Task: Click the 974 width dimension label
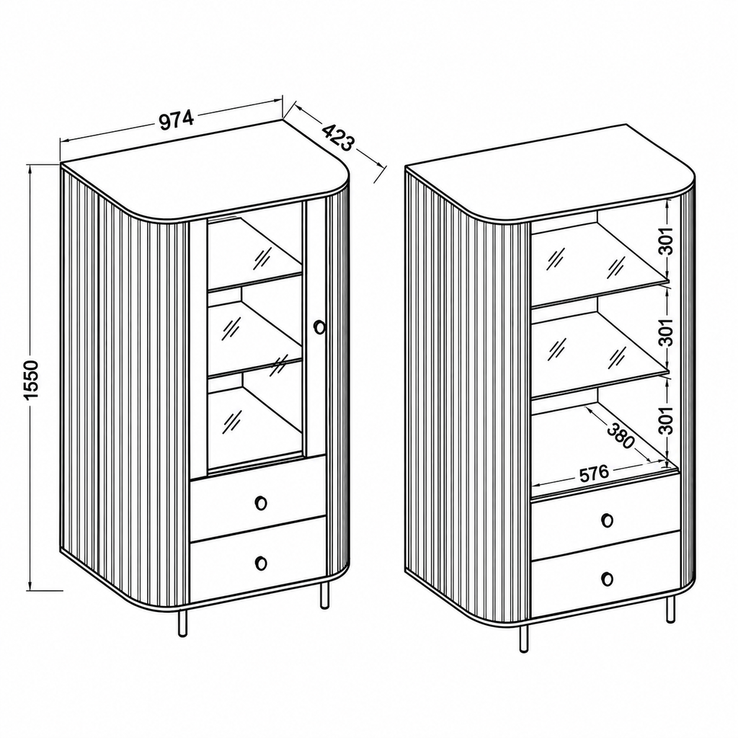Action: pyautogui.click(x=177, y=120)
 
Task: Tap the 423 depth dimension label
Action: pyautogui.click(x=338, y=137)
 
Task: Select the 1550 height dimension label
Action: pyautogui.click(x=32, y=379)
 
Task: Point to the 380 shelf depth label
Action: pyautogui.click(x=621, y=436)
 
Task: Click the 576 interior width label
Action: pyautogui.click(x=594, y=474)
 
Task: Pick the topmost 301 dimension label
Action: pyautogui.click(x=667, y=241)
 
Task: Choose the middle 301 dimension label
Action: pyautogui.click(x=667, y=332)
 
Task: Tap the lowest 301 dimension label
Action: pyautogui.click(x=667, y=419)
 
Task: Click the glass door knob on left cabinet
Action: pyautogui.click(x=319, y=326)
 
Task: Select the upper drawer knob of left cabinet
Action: pyautogui.click(x=261, y=502)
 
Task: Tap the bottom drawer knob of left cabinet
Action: pyautogui.click(x=261, y=562)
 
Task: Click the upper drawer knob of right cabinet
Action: pyautogui.click(x=607, y=520)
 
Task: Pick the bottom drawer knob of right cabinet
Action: pyautogui.click(x=607, y=579)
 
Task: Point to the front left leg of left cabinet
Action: pyautogui.click(x=182, y=623)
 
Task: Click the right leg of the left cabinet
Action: pyautogui.click(x=324, y=595)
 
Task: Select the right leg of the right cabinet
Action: pyautogui.click(x=670, y=609)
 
